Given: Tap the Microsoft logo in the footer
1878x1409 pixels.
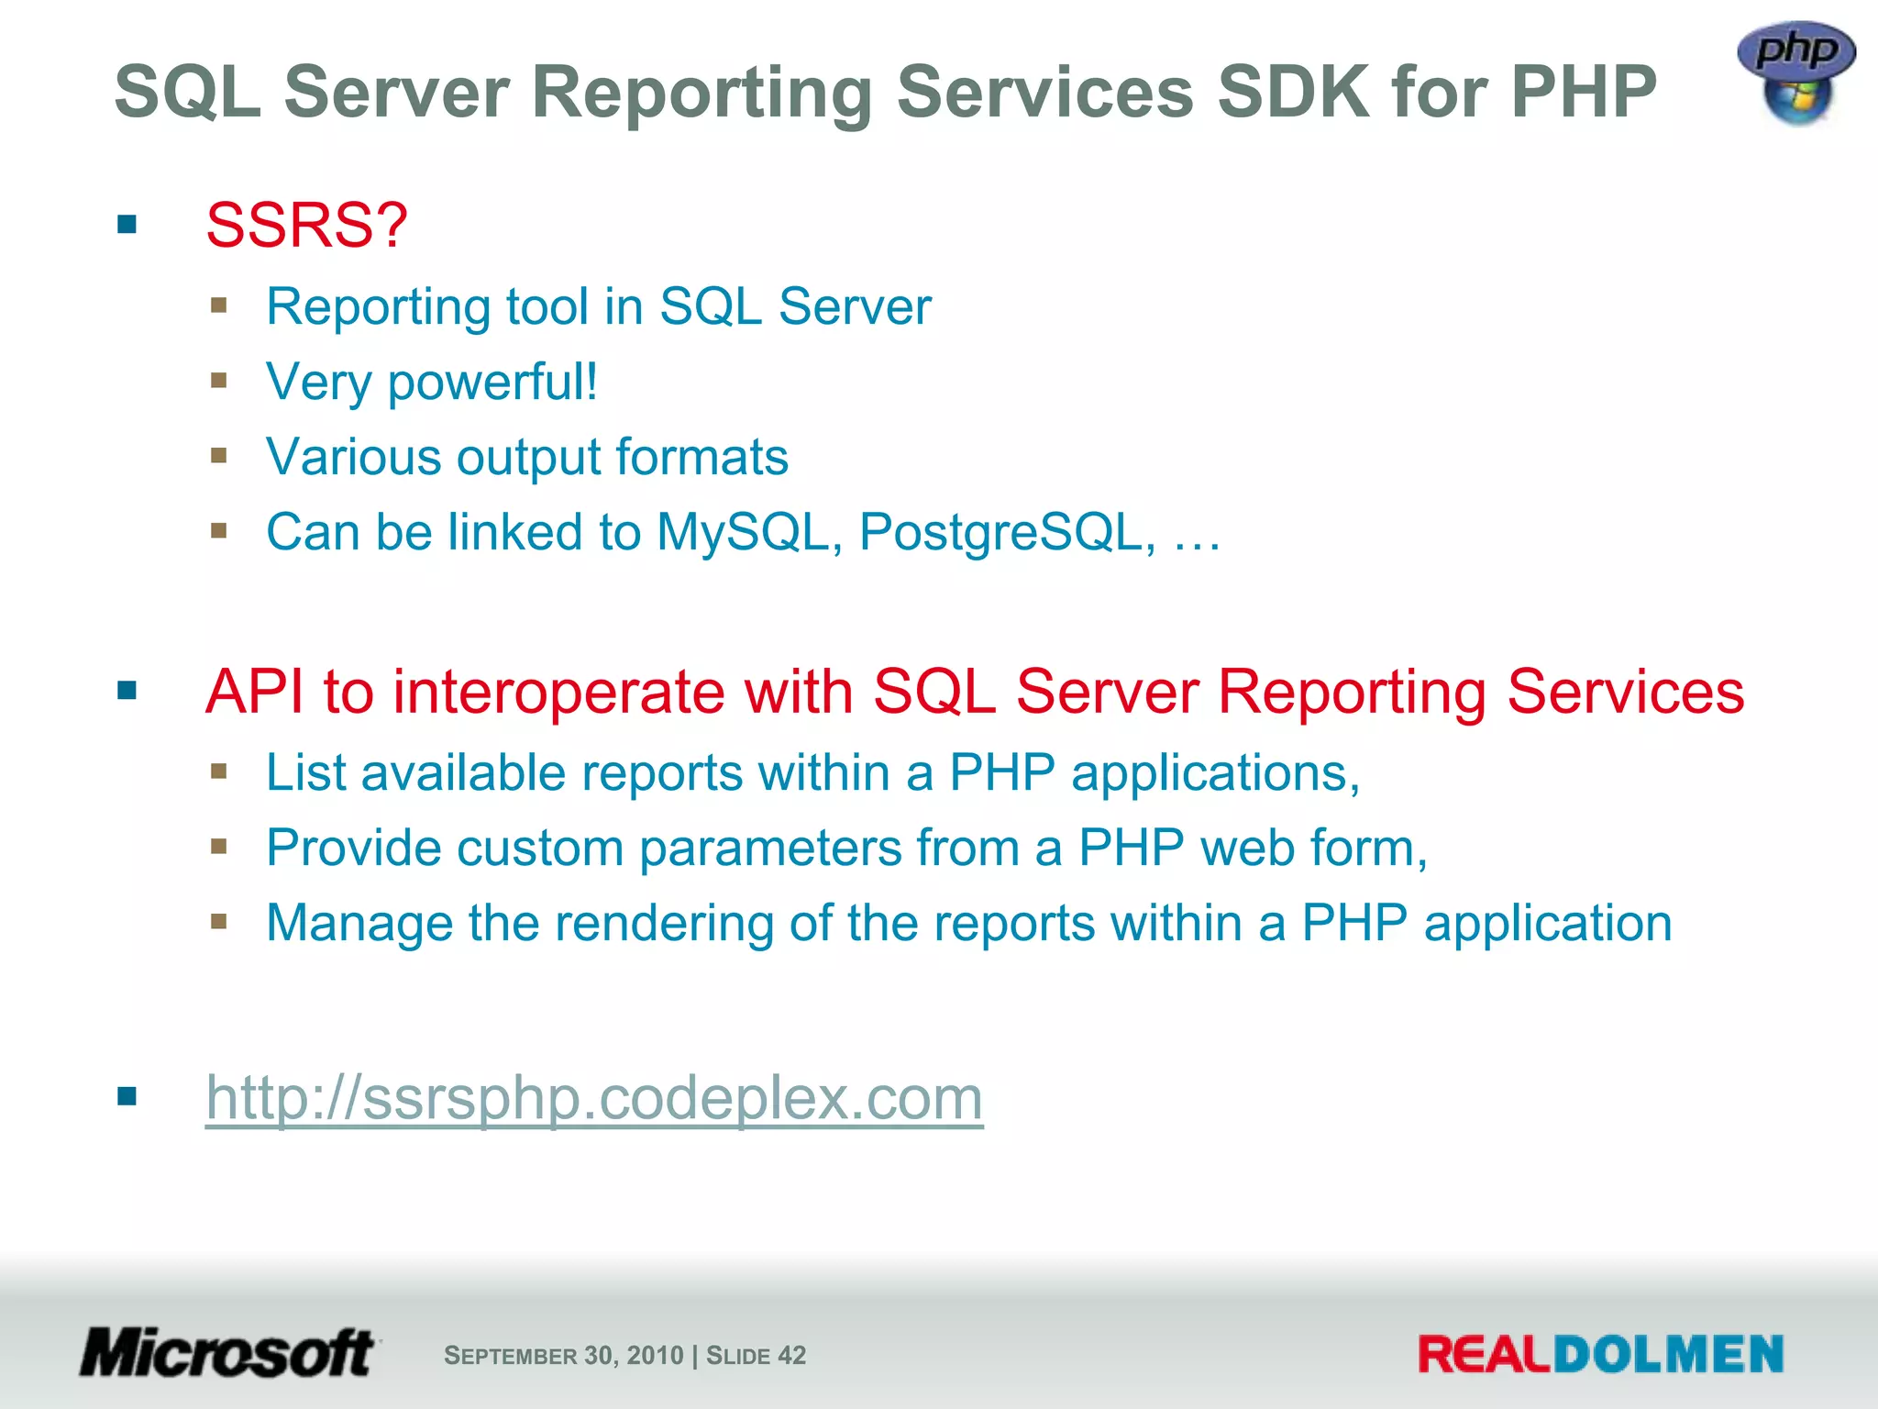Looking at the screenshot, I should click(x=227, y=1353).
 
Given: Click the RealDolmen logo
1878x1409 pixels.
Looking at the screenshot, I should click(x=1600, y=1355).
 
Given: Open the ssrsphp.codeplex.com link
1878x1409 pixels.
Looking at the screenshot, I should click(x=594, y=1097).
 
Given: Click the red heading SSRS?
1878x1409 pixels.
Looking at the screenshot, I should click(x=306, y=225).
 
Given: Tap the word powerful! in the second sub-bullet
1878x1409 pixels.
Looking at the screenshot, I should click(x=492, y=382).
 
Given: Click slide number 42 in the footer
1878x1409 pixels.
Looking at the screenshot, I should click(x=791, y=1355).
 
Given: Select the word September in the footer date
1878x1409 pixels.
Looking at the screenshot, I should click(x=510, y=1356).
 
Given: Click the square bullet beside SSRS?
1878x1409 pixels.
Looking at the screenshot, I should click(x=127, y=225).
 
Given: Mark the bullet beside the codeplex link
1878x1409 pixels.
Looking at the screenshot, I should click(x=127, y=1096).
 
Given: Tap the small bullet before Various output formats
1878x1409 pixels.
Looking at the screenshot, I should click(x=218, y=456).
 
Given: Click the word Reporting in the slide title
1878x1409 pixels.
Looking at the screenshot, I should click(x=701, y=94).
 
